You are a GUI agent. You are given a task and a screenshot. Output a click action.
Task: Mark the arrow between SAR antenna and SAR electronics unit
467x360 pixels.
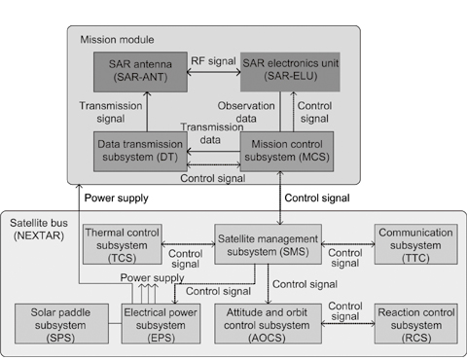208,70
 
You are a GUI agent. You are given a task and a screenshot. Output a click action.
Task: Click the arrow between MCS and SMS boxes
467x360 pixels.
278,197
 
